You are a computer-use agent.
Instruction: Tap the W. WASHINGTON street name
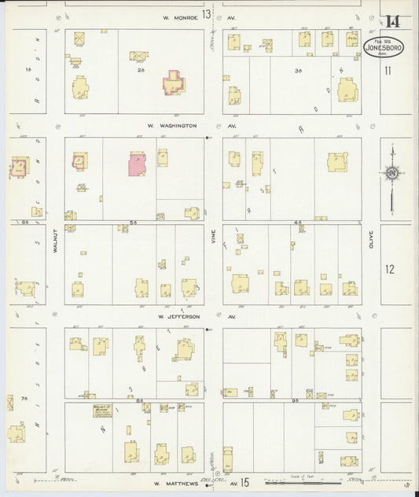171,125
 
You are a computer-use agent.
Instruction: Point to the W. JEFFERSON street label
178,316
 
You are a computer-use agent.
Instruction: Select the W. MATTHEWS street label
175,484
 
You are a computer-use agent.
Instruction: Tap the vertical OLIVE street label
370,238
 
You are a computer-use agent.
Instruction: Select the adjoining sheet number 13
206,15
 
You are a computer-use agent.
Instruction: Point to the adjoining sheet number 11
388,70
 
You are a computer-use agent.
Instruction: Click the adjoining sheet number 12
390,269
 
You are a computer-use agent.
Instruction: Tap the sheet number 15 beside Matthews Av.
245,482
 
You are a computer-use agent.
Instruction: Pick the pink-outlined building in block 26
173,83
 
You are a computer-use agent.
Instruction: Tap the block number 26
141,70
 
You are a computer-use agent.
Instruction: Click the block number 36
298,70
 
